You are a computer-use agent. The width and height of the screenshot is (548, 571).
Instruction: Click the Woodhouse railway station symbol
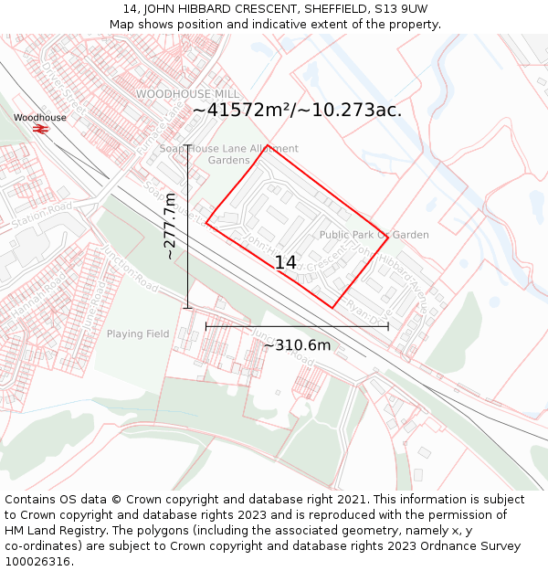[x=39, y=129]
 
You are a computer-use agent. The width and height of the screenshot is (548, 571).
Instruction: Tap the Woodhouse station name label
[x=39, y=118]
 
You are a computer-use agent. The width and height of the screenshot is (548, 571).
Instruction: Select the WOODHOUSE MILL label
[x=187, y=94]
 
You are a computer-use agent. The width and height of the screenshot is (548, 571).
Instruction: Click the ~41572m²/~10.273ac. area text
[x=297, y=110]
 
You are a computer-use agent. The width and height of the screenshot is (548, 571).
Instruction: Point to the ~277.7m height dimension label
[x=170, y=227]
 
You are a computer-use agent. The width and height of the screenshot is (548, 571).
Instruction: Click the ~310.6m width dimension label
[x=297, y=345]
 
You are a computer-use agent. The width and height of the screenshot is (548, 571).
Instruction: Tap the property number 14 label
[x=285, y=262]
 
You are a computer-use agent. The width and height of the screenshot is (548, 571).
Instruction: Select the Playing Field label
[x=138, y=333]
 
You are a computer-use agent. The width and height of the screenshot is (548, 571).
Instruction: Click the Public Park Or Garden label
[x=374, y=235]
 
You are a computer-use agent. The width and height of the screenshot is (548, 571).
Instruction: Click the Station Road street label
[x=41, y=213]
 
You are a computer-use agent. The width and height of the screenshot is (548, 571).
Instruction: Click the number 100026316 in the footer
[x=37, y=561]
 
